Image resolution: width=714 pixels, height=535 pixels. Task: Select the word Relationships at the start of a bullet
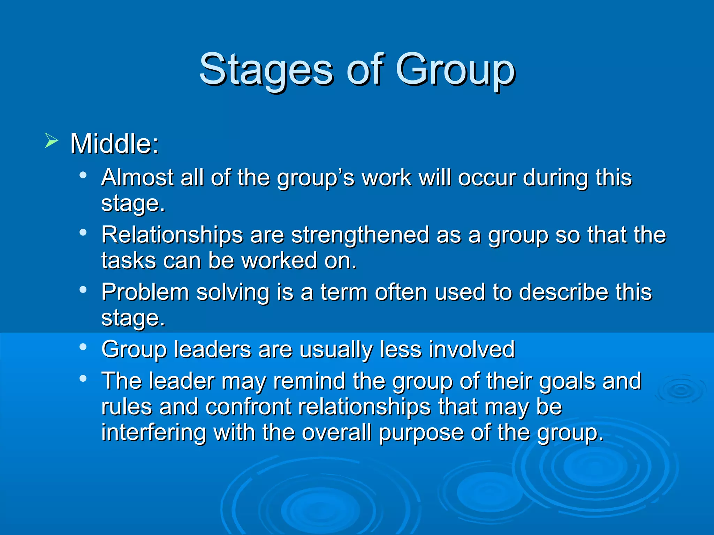pyautogui.click(x=172, y=235)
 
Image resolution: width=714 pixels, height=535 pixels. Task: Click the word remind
pyautogui.click(x=309, y=381)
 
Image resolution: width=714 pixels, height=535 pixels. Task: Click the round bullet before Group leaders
pyautogui.click(x=83, y=347)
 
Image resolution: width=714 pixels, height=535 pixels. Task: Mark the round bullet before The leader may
pyautogui.click(x=83, y=378)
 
